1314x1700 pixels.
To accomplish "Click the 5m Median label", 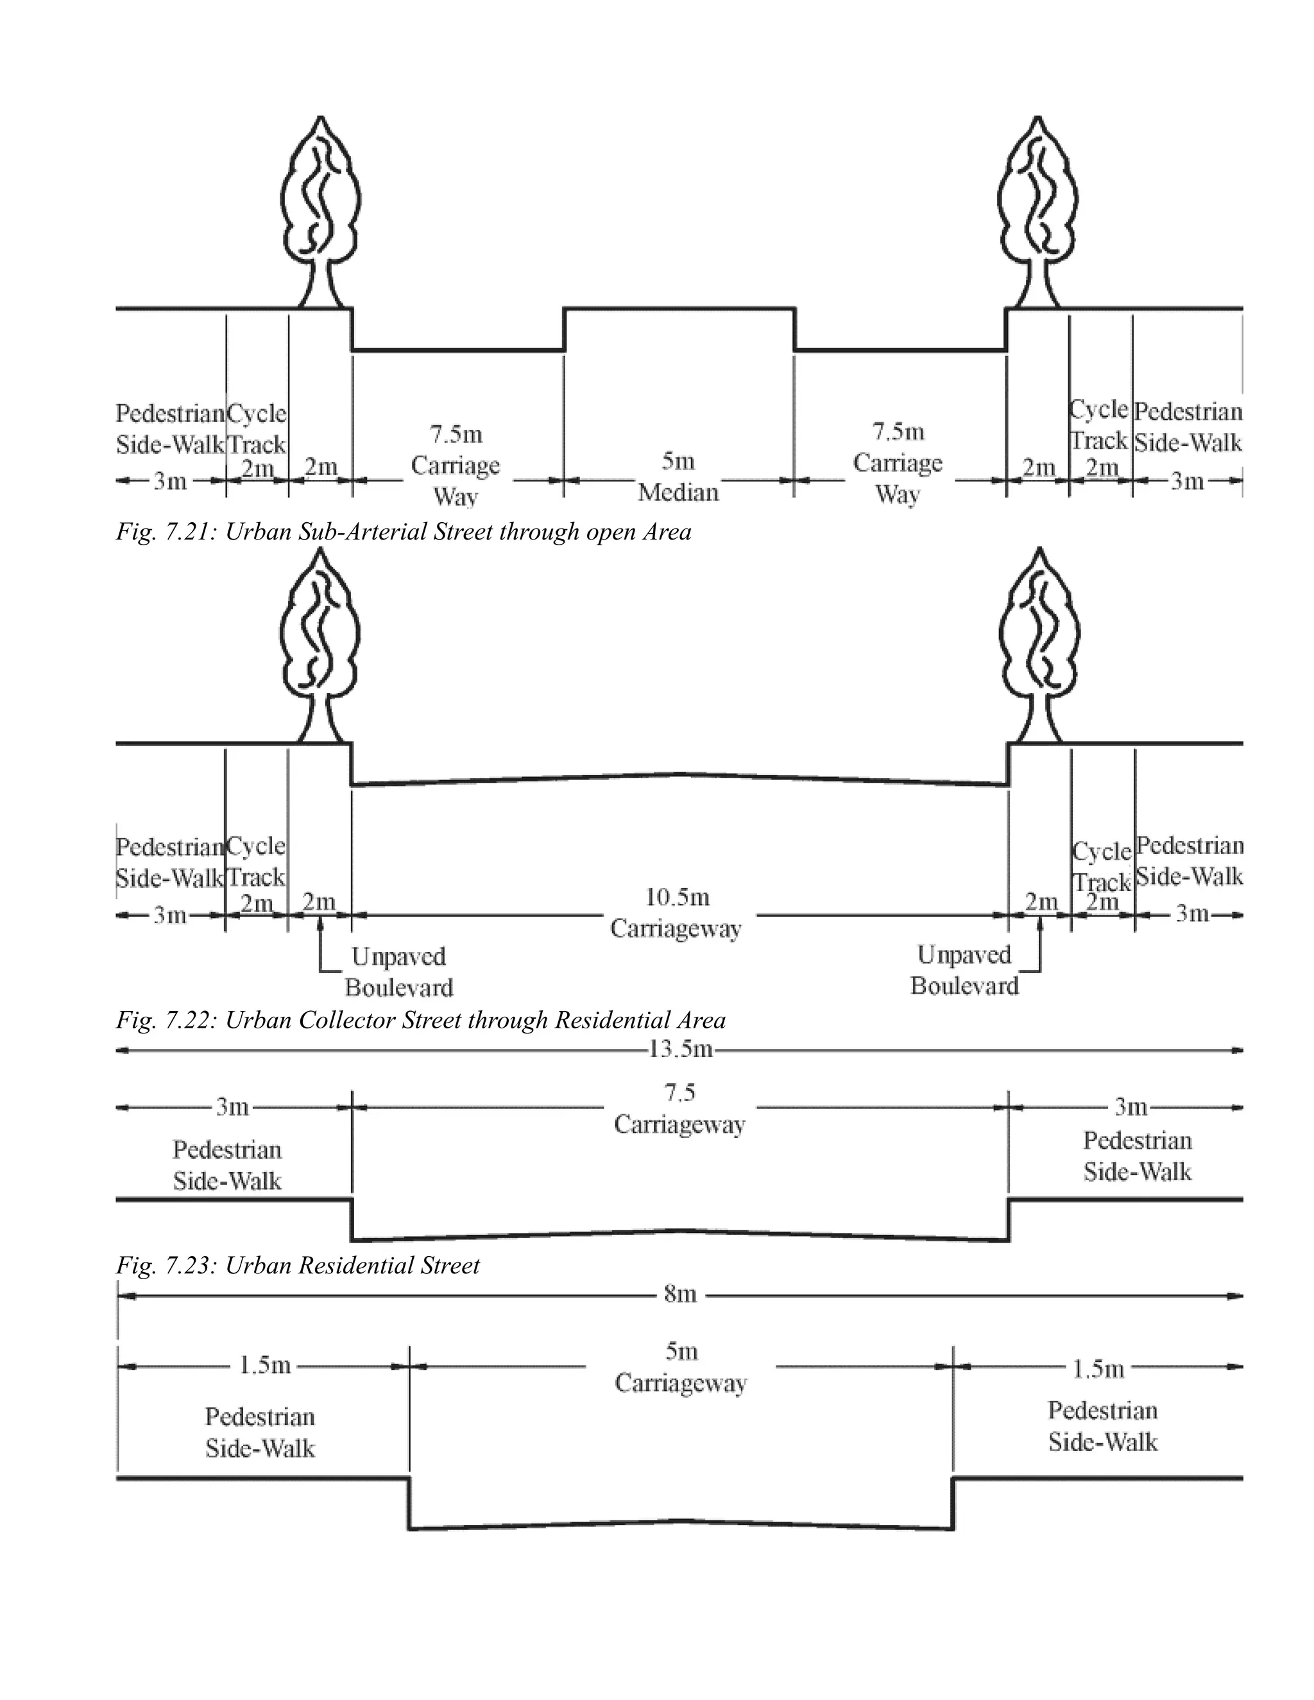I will click(678, 477).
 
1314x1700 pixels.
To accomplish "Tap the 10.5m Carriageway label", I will click(676, 913).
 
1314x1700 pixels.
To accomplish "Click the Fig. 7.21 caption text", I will click(403, 532).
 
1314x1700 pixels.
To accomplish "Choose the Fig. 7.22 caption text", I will click(420, 1021).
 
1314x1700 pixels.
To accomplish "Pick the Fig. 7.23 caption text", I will click(297, 1266).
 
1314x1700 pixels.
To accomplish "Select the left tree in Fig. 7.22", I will click(320, 646).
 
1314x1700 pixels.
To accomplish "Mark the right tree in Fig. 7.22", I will click(1039, 646).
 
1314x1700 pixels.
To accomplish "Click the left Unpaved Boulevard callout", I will click(398, 972).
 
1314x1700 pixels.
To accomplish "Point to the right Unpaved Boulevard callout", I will click(964, 971).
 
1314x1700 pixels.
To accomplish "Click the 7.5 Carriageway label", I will click(679, 1109).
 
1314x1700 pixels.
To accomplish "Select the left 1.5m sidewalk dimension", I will click(264, 1365).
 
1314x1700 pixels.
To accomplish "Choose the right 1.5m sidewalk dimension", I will click(1098, 1368).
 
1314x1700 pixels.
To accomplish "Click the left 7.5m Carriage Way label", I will click(456, 464).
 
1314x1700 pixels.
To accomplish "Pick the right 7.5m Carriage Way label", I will click(898, 463).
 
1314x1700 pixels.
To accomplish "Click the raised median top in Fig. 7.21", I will click(679, 309).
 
